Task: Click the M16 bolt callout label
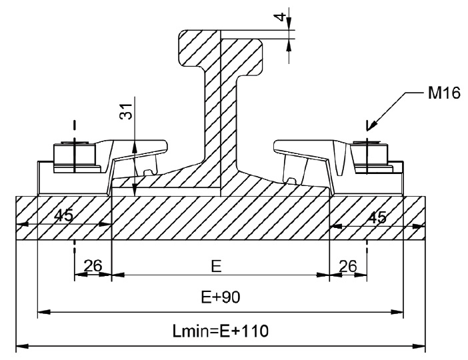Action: coord(444,93)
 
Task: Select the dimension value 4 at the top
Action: coord(279,17)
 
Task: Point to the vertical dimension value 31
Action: coord(126,111)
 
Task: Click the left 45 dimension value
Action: coord(64,215)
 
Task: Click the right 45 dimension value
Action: coord(377,217)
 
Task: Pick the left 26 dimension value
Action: coord(93,265)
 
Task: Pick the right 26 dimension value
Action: coord(348,265)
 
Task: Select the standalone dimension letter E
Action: coord(216,266)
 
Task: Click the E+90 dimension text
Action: coord(221,297)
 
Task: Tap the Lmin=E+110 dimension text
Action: coord(221,331)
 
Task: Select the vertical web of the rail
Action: coord(221,119)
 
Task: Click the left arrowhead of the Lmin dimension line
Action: coord(22,346)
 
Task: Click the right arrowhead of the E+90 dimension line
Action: coord(397,312)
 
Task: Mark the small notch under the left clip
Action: coord(149,173)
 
